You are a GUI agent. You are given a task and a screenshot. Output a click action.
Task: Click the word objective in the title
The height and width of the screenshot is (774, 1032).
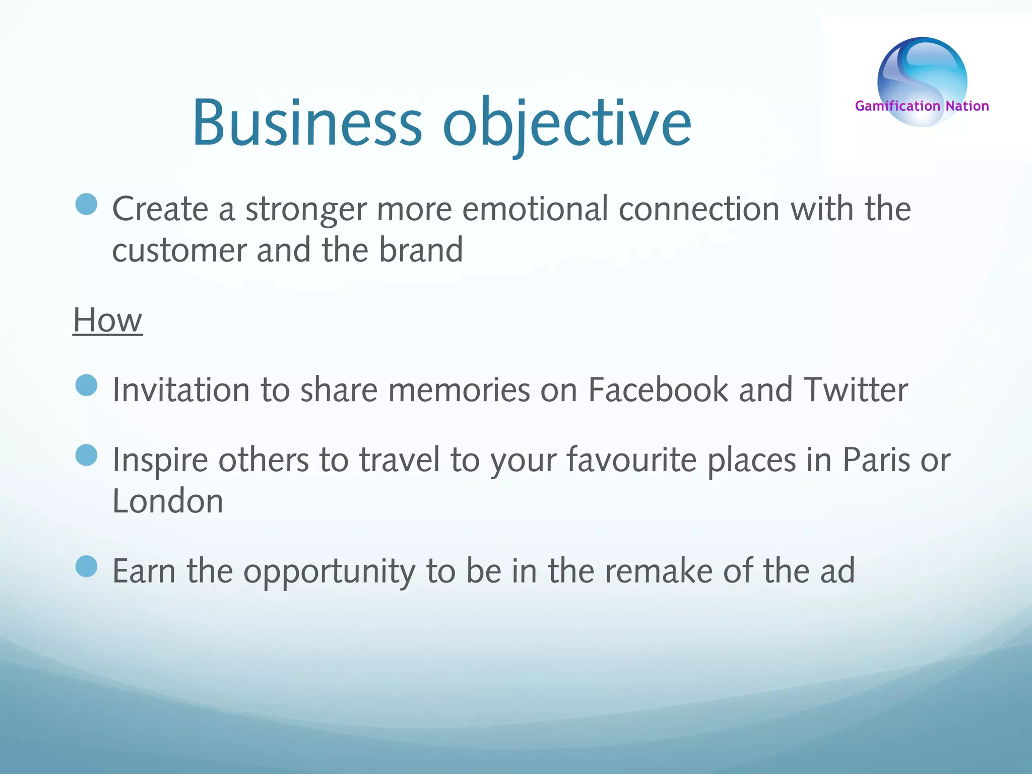(x=567, y=123)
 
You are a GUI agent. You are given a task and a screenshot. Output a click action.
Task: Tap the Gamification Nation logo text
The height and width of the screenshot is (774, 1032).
(x=922, y=106)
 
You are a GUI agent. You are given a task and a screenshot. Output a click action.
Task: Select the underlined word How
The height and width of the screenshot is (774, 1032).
(x=107, y=320)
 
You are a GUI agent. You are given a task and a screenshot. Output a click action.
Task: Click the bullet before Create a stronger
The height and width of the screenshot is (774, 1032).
(x=86, y=205)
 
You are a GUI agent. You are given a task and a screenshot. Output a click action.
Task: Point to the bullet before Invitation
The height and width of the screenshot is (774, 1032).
(x=86, y=385)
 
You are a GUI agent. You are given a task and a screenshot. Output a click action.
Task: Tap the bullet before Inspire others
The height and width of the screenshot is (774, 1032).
(x=86, y=455)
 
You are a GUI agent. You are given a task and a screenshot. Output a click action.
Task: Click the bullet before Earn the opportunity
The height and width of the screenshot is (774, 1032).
(x=86, y=566)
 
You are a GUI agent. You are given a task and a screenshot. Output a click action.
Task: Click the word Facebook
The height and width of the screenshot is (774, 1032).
(x=658, y=390)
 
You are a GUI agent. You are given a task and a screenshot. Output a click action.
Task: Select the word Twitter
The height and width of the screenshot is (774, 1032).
(x=856, y=390)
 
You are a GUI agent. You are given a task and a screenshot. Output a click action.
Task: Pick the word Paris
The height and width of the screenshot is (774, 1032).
(x=876, y=460)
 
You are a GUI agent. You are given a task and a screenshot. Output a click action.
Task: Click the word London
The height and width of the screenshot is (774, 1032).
(x=167, y=501)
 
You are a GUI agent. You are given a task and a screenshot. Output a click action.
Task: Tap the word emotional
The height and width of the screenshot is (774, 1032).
(x=535, y=209)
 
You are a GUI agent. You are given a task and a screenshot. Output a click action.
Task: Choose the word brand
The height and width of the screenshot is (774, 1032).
(x=421, y=250)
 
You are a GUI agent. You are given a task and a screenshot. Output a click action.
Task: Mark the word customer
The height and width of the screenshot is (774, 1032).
(x=179, y=250)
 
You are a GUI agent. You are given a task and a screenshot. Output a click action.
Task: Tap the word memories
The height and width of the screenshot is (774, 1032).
(x=459, y=390)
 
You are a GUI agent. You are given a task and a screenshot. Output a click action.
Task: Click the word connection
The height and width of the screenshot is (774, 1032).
(x=699, y=209)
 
